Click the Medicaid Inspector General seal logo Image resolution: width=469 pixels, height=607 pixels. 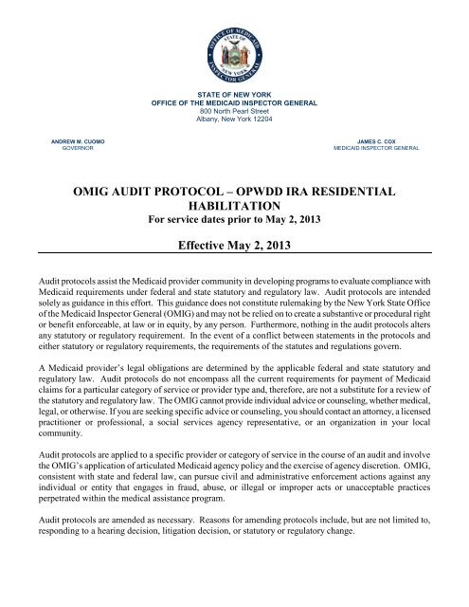pos(234,45)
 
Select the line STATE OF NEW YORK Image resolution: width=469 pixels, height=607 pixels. pos(234,95)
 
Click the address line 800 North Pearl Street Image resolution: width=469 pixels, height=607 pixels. pos(234,112)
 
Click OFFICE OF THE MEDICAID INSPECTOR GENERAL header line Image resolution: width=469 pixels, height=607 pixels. pos(234,103)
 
